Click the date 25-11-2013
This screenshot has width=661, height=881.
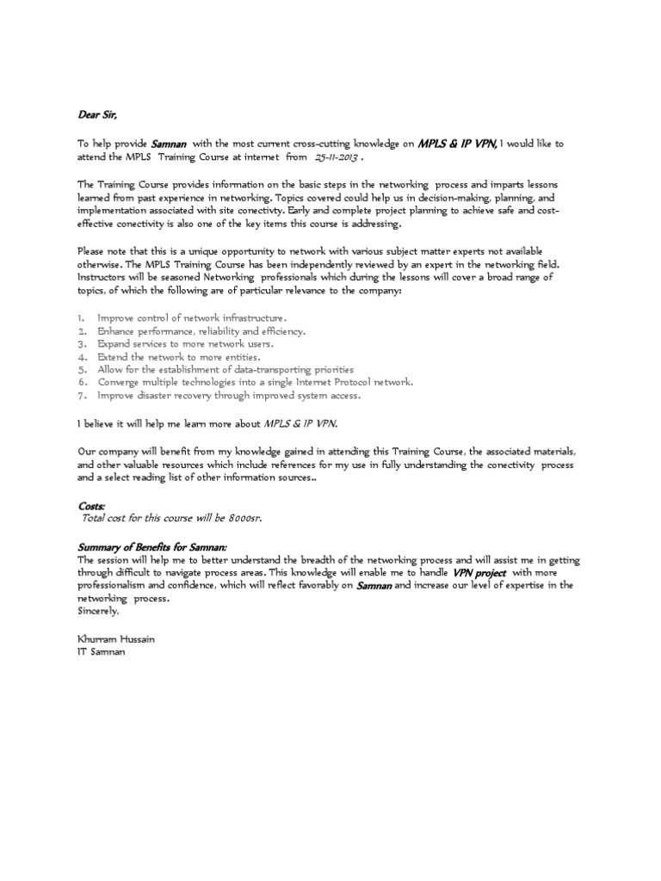337,159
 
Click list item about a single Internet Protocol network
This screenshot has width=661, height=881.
255,382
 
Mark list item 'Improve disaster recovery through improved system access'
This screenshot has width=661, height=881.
229,395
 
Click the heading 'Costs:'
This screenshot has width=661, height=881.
90,508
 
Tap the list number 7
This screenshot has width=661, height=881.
82,395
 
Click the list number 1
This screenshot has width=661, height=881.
81,317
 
